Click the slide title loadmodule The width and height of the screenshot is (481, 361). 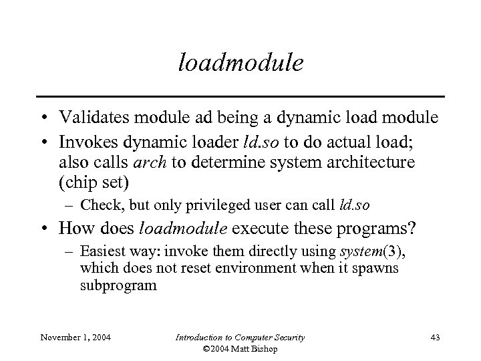[x=241, y=63]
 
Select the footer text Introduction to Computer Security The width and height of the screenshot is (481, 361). [x=240, y=338]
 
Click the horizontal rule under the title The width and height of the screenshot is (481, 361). [x=240, y=95]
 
